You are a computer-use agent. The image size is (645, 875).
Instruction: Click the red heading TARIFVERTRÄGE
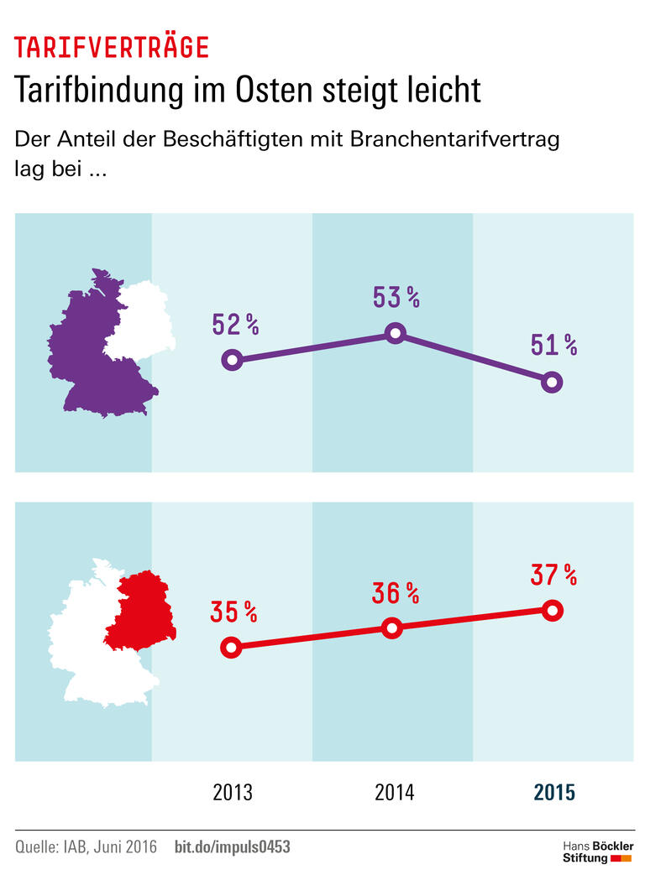click(111, 48)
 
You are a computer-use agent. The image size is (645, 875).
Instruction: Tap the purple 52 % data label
click(236, 324)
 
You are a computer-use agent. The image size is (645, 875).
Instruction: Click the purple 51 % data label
click(553, 344)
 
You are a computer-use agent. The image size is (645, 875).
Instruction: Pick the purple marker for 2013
click(233, 361)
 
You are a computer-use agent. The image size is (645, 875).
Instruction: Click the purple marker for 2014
click(395, 333)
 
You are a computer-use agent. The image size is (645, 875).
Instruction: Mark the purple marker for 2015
click(552, 383)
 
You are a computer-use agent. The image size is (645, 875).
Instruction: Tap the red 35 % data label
click(233, 612)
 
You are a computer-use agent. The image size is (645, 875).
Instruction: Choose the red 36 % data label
click(396, 593)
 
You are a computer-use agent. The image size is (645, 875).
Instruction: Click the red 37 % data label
click(553, 575)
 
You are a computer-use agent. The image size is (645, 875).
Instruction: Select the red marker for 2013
click(233, 647)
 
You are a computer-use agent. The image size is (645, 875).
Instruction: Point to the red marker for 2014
click(391, 628)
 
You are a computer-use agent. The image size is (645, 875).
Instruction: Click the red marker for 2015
click(552, 610)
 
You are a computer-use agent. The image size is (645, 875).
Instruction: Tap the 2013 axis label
click(233, 792)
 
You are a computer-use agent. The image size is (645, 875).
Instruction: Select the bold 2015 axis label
click(554, 792)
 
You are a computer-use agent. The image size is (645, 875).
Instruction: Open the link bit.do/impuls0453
click(232, 847)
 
